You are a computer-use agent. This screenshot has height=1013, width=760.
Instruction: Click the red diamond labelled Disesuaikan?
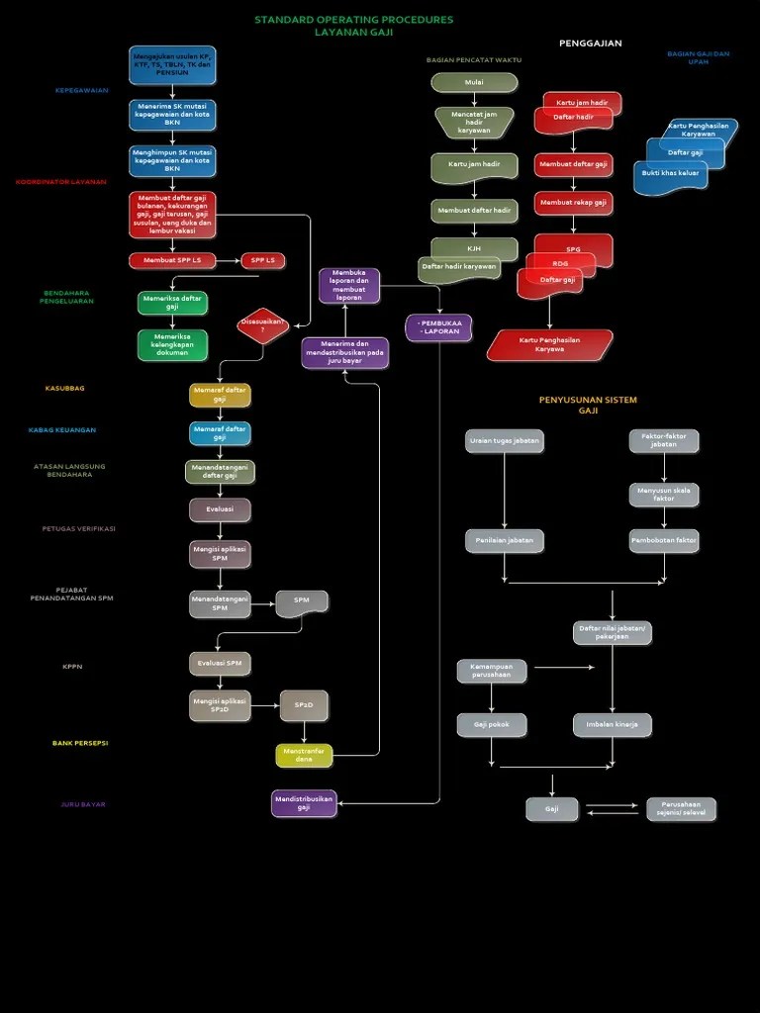[x=262, y=325]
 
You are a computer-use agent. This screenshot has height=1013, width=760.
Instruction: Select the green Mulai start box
[x=474, y=82]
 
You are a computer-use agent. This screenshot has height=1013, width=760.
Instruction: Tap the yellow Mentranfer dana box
[x=304, y=755]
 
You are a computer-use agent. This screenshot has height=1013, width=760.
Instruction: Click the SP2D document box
[x=304, y=704]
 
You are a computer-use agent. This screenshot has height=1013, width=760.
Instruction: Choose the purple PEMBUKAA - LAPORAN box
[x=438, y=327]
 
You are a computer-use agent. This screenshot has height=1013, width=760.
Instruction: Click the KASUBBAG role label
[x=65, y=389]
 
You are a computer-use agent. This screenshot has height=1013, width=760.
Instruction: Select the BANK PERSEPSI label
[x=80, y=743]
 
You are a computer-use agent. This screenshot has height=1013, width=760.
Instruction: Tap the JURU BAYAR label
[x=83, y=804]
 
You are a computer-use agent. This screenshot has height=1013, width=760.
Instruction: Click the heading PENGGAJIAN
[x=590, y=44]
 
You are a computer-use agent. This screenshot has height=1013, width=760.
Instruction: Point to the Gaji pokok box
[x=491, y=724]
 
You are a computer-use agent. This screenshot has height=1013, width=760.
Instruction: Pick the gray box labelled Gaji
[x=551, y=809]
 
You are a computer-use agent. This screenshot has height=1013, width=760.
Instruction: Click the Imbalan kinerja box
[x=612, y=724]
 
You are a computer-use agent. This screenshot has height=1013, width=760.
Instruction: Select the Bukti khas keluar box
[x=670, y=174]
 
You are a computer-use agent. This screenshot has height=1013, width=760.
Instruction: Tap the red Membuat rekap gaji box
[x=573, y=203]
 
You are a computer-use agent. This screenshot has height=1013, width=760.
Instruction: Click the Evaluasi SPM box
[x=220, y=662]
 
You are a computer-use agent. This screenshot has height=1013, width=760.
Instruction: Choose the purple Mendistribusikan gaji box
[x=304, y=802]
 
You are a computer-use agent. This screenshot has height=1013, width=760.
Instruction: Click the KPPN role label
[x=72, y=667]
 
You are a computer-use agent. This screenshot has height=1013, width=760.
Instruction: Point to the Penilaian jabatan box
[x=504, y=540]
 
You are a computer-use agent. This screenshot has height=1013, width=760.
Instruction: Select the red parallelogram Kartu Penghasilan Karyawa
[x=549, y=344]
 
